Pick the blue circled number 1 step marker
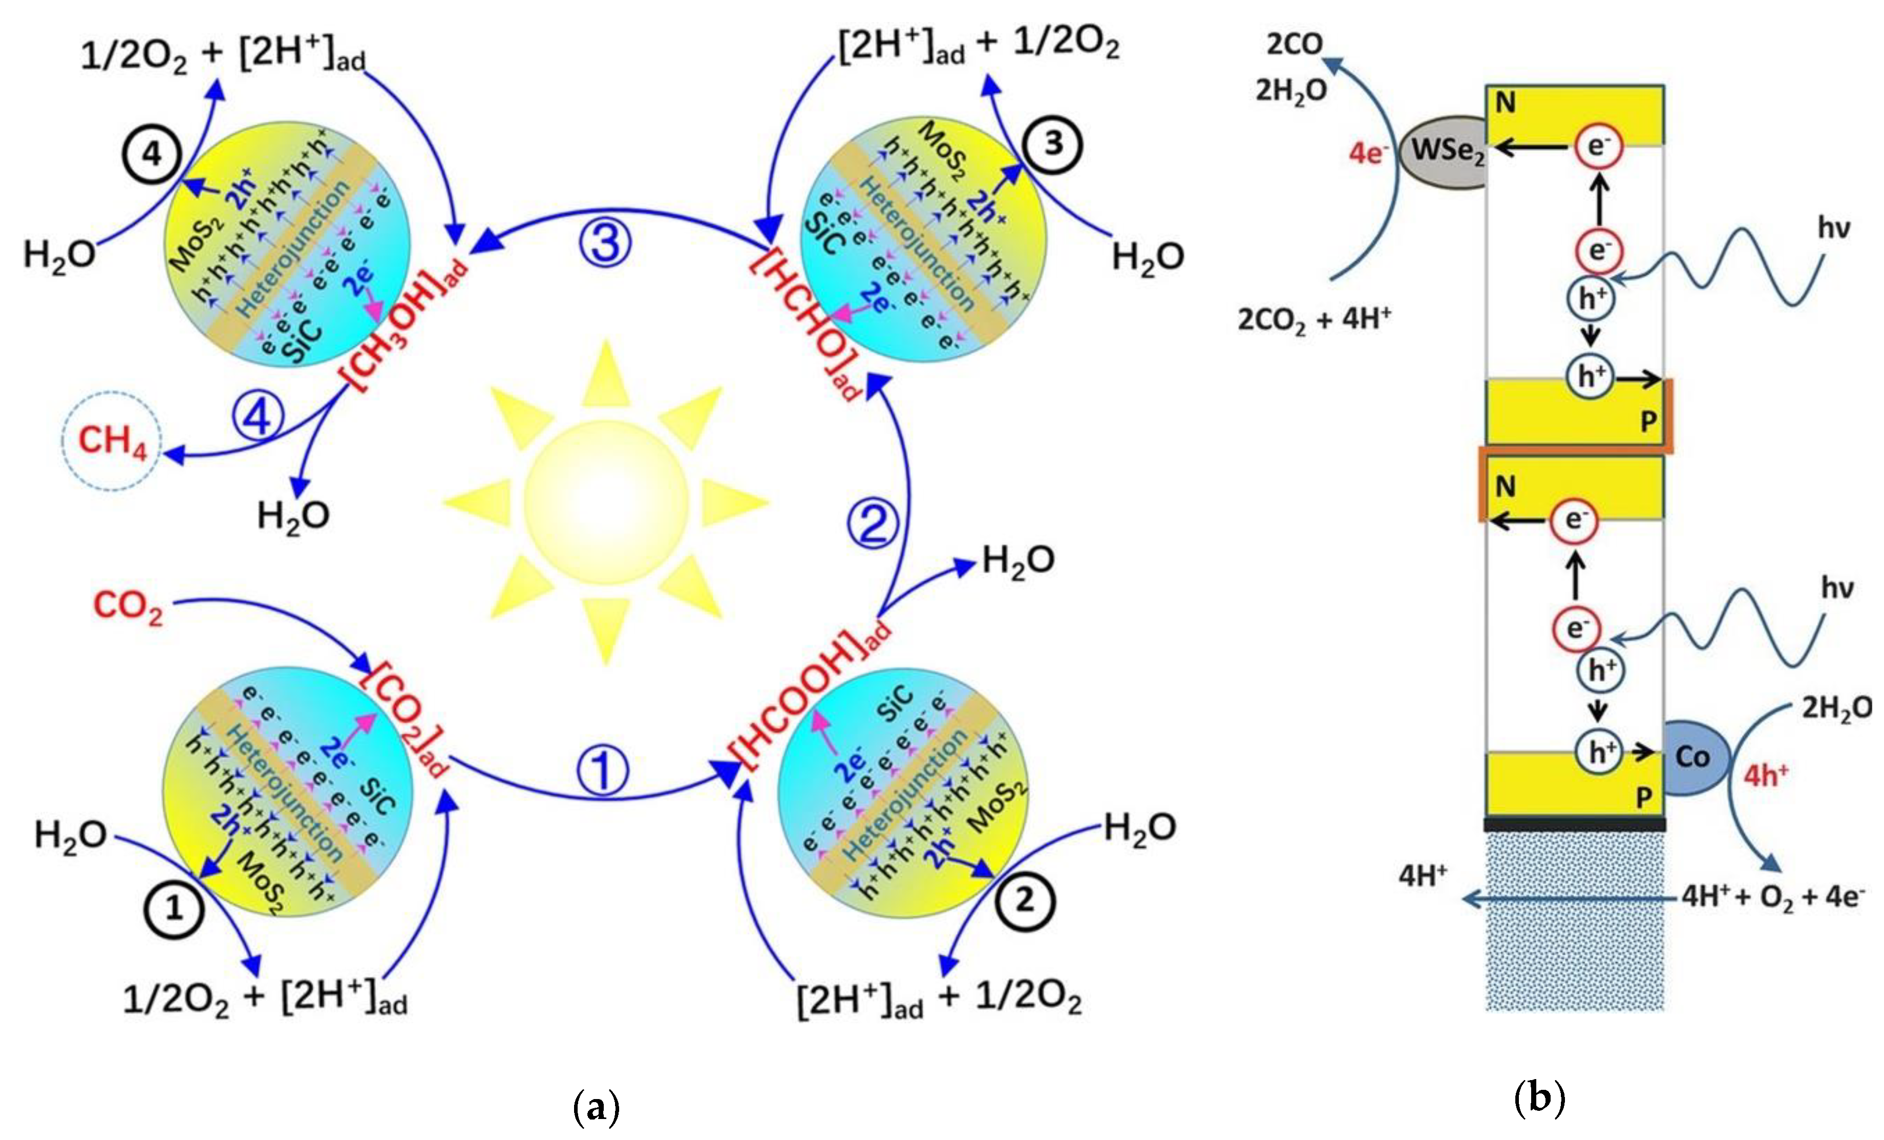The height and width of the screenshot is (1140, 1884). [x=603, y=770]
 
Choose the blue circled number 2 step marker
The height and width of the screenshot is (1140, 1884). [x=873, y=524]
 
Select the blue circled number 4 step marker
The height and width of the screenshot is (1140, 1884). [x=258, y=418]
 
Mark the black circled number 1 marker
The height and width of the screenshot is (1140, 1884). [x=174, y=909]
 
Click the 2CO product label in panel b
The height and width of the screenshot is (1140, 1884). [x=1294, y=45]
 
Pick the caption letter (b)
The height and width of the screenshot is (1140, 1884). [x=1539, y=1098]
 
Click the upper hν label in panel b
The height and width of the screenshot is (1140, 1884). [x=1833, y=227]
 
